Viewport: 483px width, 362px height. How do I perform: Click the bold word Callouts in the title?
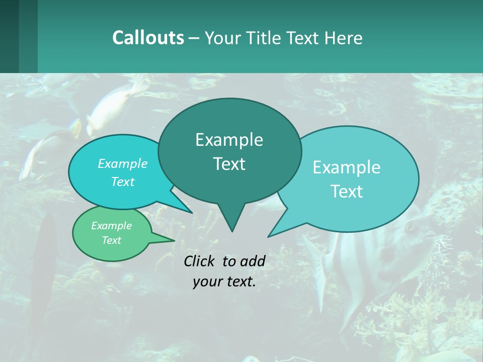pyautogui.click(x=148, y=38)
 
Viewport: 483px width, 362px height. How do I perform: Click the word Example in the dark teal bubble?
pyautogui.click(x=229, y=140)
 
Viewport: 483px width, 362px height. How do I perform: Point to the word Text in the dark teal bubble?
pyautogui.click(x=229, y=164)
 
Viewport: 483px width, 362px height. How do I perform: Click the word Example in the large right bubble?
pyautogui.click(x=347, y=167)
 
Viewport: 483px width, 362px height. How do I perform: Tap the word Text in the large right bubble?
pyautogui.click(x=347, y=192)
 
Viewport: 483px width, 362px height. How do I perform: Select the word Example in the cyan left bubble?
pyautogui.click(x=122, y=163)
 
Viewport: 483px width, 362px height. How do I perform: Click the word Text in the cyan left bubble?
pyautogui.click(x=122, y=182)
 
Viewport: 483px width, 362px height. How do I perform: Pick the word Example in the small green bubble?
pyautogui.click(x=111, y=226)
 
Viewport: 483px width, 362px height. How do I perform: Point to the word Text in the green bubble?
pyautogui.click(x=111, y=240)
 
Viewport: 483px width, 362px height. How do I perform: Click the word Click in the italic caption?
pyautogui.click(x=200, y=261)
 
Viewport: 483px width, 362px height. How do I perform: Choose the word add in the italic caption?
pyautogui.click(x=252, y=261)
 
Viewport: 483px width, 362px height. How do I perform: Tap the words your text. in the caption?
pyautogui.click(x=224, y=282)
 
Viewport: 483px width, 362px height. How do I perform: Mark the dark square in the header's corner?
pyautogui.click(x=9, y=36)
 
